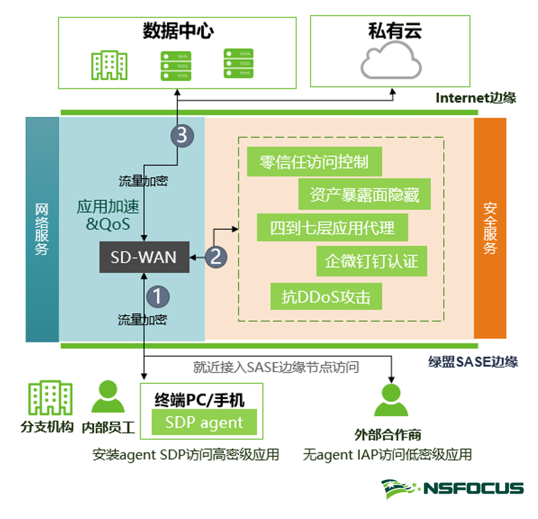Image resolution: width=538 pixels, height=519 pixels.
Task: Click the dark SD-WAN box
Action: (x=144, y=257)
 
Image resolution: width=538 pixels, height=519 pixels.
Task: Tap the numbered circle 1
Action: (x=158, y=296)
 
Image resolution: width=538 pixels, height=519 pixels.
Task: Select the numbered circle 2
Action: (x=216, y=256)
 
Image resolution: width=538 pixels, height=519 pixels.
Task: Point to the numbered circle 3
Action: (x=182, y=136)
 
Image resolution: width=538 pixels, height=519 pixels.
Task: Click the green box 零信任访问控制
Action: (x=314, y=162)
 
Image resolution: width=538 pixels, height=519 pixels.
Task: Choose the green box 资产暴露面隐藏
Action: (x=364, y=195)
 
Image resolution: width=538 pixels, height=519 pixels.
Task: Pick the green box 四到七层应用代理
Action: (x=332, y=227)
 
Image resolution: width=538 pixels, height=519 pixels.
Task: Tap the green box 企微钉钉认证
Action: (x=372, y=261)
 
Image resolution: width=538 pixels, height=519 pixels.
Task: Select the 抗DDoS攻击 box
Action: (x=326, y=296)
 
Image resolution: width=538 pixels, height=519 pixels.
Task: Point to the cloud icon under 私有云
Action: (x=390, y=60)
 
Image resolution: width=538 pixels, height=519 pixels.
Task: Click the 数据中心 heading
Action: (x=178, y=30)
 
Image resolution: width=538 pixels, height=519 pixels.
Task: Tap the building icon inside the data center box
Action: (x=109, y=65)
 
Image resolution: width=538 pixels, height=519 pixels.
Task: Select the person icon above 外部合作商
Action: (x=391, y=400)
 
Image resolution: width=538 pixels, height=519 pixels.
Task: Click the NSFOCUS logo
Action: (x=452, y=488)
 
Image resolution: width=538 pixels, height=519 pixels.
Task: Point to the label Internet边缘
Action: (x=476, y=98)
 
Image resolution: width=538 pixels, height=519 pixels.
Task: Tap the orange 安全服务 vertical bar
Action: (x=490, y=227)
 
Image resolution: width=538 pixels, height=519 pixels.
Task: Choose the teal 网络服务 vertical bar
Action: (x=42, y=229)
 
